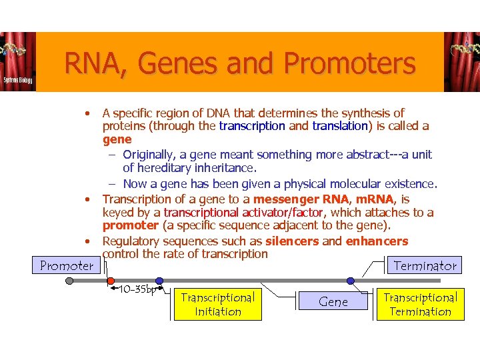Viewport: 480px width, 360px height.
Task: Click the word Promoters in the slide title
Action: click(x=349, y=65)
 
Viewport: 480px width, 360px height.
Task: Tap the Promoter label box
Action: click(x=67, y=265)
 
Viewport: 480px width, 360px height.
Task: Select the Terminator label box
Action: click(x=425, y=265)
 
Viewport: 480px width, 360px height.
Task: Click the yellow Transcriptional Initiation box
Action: click(x=217, y=304)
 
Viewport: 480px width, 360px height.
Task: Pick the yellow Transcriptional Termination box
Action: click(x=421, y=304)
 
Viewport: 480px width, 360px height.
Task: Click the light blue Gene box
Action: click(x=333, y=302)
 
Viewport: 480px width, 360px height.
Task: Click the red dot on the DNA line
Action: click(x=111, y=281)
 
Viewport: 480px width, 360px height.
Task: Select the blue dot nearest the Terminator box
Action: click(x=351, y=281)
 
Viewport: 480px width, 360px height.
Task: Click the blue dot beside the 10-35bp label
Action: click(x=159, y=281)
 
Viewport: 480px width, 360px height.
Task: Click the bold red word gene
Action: click(x=117, y=139)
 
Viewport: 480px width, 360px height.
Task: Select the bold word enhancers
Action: click(x=377, y=241)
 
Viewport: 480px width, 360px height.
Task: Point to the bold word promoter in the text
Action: click(x=130, y=225)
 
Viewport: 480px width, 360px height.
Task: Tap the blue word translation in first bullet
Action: click(x=339, y=126)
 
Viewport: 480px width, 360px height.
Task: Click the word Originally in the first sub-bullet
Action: click(x=151, y=155)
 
